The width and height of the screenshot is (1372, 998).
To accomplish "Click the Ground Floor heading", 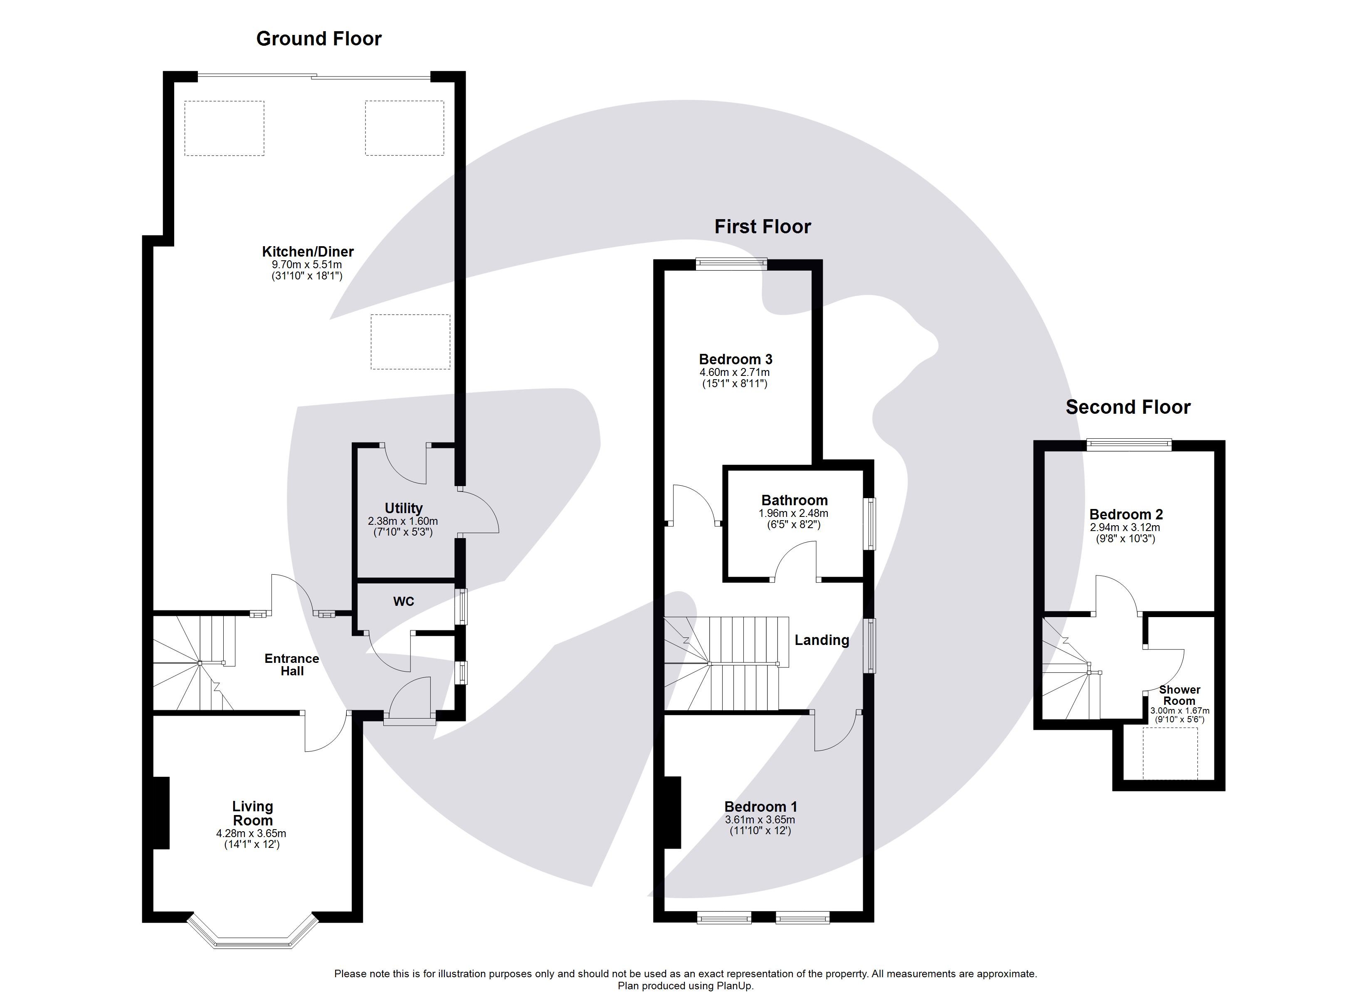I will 319,39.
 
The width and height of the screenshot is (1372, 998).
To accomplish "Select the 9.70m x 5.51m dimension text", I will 307,265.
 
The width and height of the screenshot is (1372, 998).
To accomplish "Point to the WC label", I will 404,601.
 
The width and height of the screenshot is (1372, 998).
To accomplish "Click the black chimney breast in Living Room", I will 160,813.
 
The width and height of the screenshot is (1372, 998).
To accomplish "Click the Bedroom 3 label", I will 735,360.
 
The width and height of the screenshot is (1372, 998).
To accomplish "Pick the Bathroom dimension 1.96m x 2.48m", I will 794,513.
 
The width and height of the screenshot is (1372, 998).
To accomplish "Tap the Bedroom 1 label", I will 760,807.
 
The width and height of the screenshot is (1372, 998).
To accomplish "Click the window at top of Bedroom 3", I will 731,263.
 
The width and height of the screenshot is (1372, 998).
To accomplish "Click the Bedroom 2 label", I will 1126,514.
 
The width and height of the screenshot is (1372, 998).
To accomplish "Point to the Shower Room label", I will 1179,695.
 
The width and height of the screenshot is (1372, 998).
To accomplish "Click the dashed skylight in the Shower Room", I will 1170,753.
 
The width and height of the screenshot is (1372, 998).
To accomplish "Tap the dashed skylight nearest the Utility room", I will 410,342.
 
